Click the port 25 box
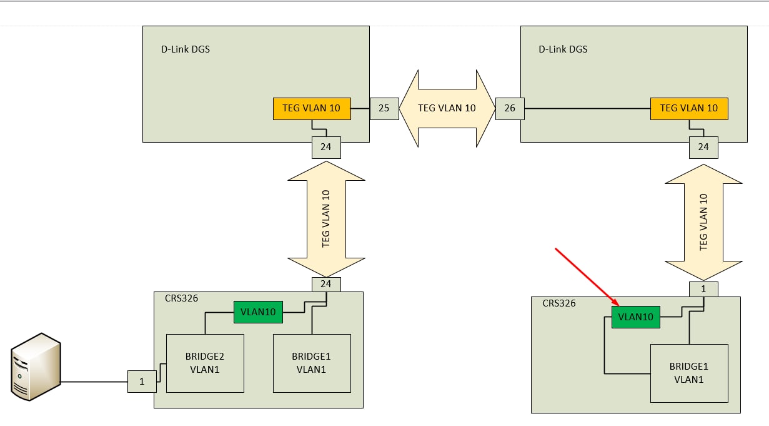384,108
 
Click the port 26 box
510,108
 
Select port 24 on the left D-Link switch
326,147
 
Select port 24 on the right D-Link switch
703,147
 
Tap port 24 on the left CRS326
326,284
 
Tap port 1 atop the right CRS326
703,289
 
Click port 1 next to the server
142,382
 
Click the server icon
36,367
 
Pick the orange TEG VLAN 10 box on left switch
312,108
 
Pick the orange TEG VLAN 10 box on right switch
689,108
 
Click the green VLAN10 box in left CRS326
258,312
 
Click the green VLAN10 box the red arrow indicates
635,317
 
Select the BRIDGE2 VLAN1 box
205,363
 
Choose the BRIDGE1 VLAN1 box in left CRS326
312,363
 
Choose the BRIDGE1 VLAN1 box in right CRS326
689,373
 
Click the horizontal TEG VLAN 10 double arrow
447,108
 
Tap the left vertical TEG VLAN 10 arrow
326,219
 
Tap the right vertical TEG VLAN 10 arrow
703,222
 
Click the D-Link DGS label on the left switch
186,49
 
